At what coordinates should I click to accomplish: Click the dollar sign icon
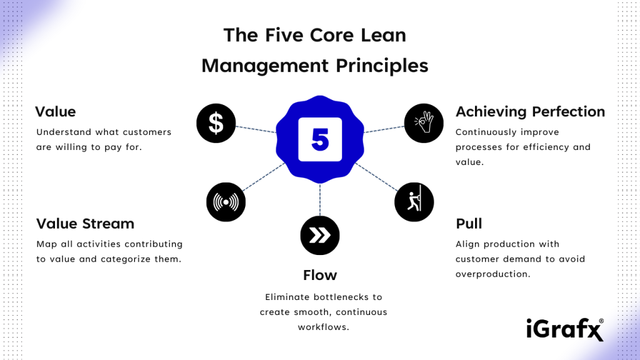tap(216, 122)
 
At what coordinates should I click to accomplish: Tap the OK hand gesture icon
tap(424, 122)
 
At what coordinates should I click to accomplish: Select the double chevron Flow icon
tap(319, 235)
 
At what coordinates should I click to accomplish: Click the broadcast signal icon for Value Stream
tap(226, 202)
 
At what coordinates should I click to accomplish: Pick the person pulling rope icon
tap(414, 201)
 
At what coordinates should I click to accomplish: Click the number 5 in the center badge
tap(320, 140)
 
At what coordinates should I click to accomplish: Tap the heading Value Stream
tap(85, 224)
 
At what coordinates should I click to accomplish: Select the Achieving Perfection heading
tap(530, 112)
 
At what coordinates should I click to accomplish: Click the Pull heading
tap(469, 224)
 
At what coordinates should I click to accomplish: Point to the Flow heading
tap(320, 275)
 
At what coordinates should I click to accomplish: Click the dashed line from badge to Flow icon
tap(320, 200)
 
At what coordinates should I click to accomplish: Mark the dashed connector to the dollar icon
tap(256, 128)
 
